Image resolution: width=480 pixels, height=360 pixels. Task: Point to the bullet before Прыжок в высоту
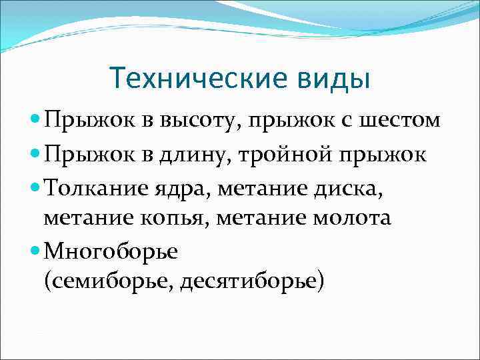[35, 120]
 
